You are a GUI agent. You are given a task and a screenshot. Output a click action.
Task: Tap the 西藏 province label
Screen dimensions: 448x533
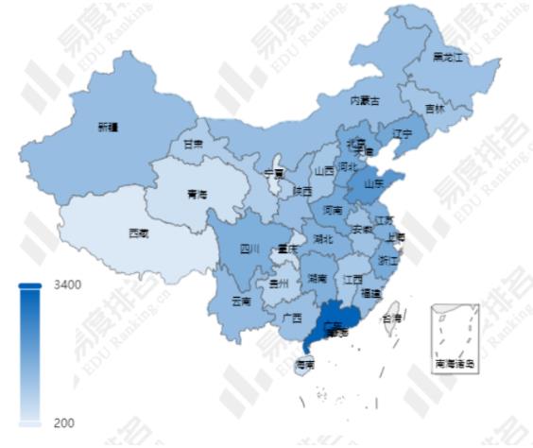(138, 232)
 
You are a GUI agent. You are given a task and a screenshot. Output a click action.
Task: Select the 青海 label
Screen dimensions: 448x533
(197, 194)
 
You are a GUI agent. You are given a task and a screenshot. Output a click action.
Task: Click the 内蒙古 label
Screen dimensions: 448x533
(365, 100)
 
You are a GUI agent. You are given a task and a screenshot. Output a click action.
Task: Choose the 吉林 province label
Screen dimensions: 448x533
(435, 109)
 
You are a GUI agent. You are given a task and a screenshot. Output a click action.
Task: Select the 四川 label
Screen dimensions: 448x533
(249, 250)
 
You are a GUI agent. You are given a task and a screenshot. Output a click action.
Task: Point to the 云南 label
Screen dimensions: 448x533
(241, 302)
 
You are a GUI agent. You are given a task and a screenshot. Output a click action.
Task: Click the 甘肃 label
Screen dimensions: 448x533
(193, 145)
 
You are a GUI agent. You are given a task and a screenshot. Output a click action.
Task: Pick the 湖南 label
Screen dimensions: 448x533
(317, 280)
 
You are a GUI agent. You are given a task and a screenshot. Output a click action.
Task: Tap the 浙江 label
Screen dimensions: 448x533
(387, 259)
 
